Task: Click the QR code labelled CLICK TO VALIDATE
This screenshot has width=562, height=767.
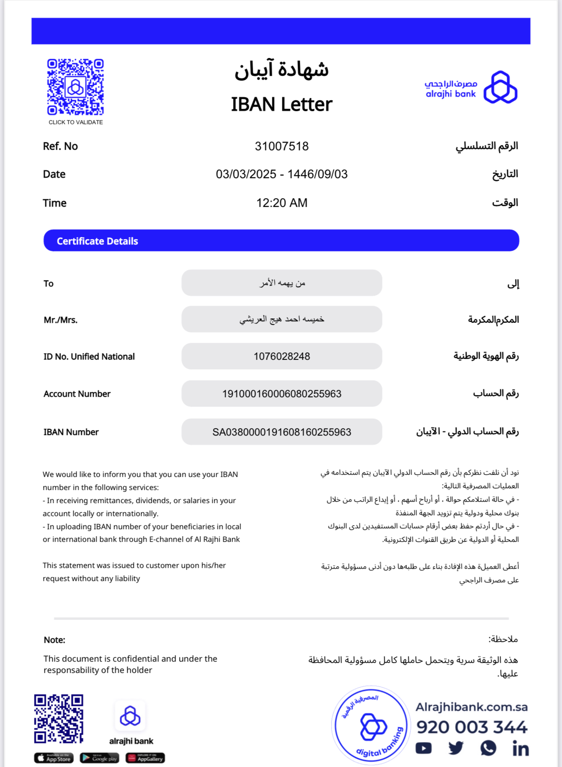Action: (x=75, y=87)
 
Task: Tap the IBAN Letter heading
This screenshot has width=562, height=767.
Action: (x=281, y=105)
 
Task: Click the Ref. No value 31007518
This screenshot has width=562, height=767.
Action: (x=281, y=146)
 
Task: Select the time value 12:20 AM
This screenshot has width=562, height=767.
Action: (x=281, y=203)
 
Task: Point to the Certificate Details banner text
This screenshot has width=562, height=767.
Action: (x=97, y=241)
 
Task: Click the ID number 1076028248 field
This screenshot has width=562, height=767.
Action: (x=281, y=356)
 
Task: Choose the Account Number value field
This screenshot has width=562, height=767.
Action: (x=281, y=394)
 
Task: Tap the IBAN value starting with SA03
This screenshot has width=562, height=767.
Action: (x=281, y=432)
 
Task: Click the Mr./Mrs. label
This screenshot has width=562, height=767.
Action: (x=61, y=320)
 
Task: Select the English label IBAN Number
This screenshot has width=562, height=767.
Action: (x=71, y=432)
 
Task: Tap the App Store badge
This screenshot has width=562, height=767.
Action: (x=54, y=758)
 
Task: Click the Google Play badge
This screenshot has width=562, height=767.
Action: (x=99, y=758)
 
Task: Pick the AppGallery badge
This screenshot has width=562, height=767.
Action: (x=145, y=758)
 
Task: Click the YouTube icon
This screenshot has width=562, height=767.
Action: (x=423, y=748)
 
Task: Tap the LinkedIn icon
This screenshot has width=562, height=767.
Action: (x=521, y=748)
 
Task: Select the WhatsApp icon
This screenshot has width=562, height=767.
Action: (x=488, y=748)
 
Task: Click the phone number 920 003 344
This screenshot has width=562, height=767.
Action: (x=472, y=727)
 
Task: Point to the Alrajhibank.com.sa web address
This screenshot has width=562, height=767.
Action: (x=471, y=707)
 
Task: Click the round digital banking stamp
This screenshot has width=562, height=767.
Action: (x=371, y=726)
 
